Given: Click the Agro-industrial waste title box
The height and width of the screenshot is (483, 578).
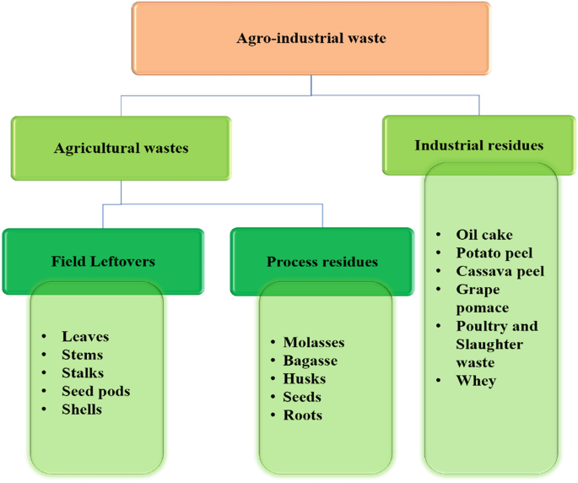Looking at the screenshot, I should click(311, 38).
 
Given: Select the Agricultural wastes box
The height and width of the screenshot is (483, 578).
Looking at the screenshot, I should click(121, 148).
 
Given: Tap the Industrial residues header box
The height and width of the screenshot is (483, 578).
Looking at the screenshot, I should click(478, 145).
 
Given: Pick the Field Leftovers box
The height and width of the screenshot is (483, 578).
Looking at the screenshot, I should click(103, 262).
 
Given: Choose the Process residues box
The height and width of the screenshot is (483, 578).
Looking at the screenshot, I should click(322, 262).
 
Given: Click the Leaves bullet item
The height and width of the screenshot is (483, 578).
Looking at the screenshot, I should click(85, 336).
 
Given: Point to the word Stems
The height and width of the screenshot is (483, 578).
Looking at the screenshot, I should click(83, 355).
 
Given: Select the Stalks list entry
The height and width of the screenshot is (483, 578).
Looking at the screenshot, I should click(84, 372).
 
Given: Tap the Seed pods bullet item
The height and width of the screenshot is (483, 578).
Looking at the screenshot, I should click(95, 391).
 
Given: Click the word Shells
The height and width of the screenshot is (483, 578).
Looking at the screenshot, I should click(82, 409).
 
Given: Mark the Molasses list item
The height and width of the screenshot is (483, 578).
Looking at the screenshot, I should click(314, 342).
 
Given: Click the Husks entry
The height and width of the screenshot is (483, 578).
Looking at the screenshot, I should click(305, 379).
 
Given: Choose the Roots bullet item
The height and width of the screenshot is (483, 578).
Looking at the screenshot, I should click(303, 415).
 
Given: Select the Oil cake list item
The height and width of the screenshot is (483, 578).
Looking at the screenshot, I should click(484, 235).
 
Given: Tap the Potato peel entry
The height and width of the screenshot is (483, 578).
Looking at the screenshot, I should click(494, 252).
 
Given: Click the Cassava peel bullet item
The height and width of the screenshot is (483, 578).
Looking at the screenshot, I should click(500, 271).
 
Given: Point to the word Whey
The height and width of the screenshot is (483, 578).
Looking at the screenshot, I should click(476, 381).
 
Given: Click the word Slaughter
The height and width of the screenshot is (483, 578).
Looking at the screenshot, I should click(489, 345).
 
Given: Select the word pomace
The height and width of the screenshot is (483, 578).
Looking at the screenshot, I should click(483, 308).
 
